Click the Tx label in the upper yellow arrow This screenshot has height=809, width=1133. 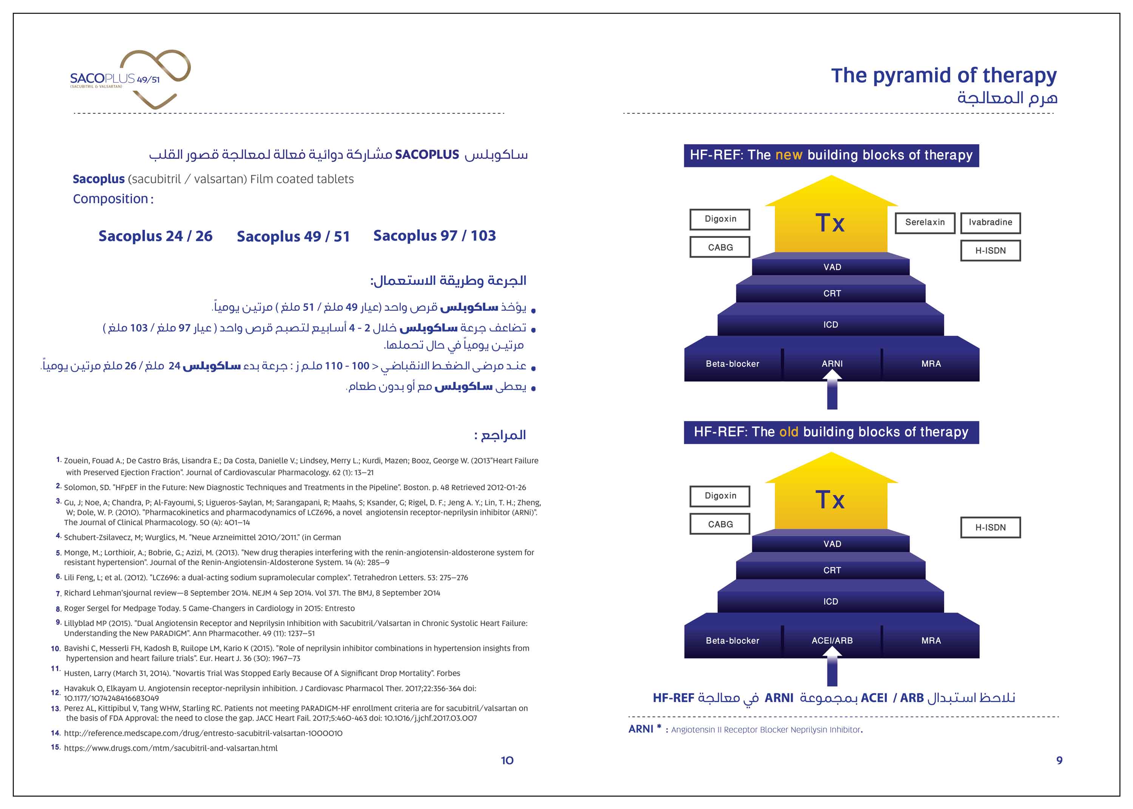pyautogui.click(x=830, y=223)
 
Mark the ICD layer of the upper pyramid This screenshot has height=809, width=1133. pyautogui.click(x=831, y=325)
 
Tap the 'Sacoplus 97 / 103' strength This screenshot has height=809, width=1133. pyautogui.click(x=434, y=236)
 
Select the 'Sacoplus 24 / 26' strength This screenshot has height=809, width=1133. pyautogui.click(x=155, y=236)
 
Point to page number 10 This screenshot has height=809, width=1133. pyautogui.click(x=507, y=761)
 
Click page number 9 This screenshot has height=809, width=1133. pyautogui.click(x=1059, y=761)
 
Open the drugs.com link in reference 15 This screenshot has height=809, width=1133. pyautogui.click(x=170, y=748)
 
